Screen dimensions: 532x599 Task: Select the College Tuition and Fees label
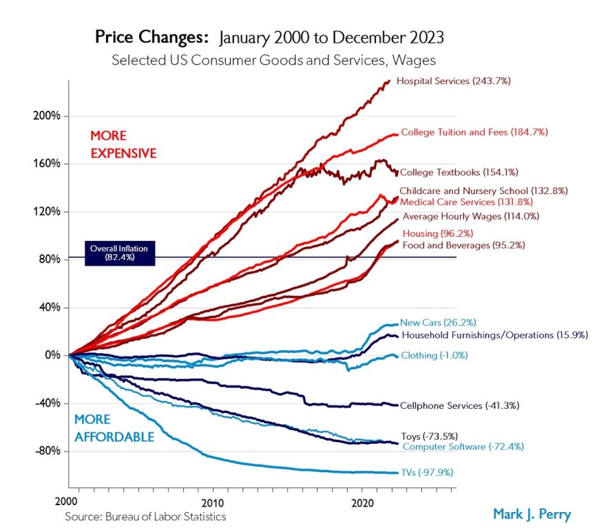click(465, 131)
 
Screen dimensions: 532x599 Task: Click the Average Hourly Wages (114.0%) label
click(470, 216)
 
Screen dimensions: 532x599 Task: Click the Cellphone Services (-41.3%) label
click(459, 406)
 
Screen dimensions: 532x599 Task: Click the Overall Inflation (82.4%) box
click(120, 253)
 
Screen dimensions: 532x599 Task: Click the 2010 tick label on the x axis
click(213, 502)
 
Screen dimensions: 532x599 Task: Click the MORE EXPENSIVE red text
click(124, 144)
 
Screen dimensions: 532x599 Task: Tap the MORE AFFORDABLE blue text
click(114, 427)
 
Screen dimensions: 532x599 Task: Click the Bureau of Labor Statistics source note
click(145, 515)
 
